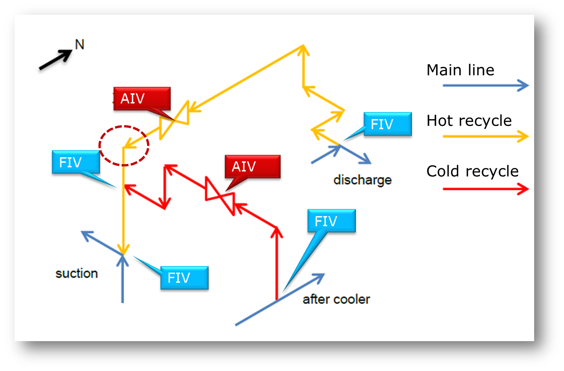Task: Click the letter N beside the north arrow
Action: click(x=80, y=45)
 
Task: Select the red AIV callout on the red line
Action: click(x=252, y=166)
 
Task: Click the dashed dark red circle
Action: click(x=124, y=145)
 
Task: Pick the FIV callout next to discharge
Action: click(x=387, y=124)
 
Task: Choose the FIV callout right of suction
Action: click(x=184, y=278)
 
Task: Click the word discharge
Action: click(x=362, y=179)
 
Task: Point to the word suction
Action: click(x=77, y=274)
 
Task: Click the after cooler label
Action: click(x=336, y=300)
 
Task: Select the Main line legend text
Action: click(x=460, y=70)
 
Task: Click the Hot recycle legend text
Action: click(x=469, y=121)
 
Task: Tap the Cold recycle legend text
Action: click(x=472, y=171)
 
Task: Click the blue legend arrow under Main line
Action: click(x=485, y=86)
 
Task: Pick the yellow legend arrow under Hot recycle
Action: click(x=485, y=136)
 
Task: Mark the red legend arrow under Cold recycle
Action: click(x=485, y=188)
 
